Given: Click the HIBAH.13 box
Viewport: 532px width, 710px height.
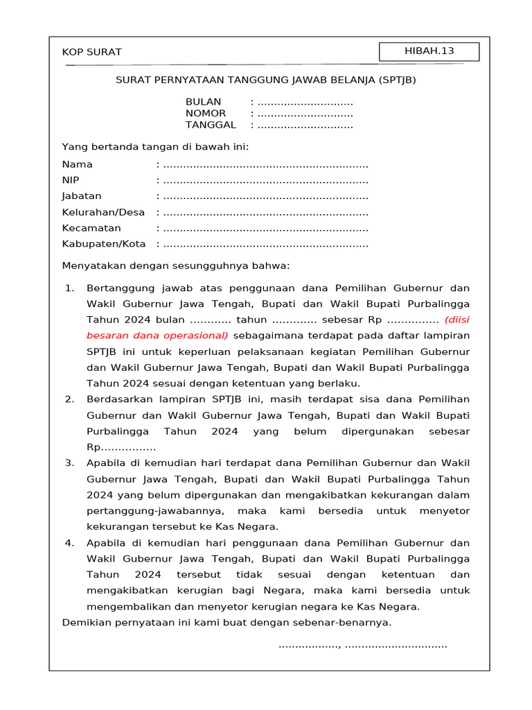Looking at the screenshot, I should pyautogui.click(x=429, y=51).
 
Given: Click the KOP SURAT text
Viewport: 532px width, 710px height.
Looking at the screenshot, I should pyautogui.click(x=91, y=52).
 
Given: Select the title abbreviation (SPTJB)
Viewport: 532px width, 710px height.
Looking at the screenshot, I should pyautogui.click(x=398, y=80).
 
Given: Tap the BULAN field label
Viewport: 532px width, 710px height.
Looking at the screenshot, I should pyautogui.click(x=203, y=101).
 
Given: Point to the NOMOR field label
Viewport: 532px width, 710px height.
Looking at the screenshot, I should pyautogui.click(x=206, y=113).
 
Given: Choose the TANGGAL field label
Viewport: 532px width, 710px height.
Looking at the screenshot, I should pyautogui.click(x=211, y=125).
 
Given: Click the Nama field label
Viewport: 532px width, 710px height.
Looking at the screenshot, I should pyautogui.click(x=78, y=164).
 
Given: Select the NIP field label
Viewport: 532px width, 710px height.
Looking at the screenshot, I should pyautogui.click(x=71, y=180).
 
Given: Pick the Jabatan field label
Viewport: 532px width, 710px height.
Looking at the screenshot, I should pyautogui.click(x=82, y=196).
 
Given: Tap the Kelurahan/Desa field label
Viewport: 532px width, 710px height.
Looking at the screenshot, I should pyautogui.click(x=103, y=212).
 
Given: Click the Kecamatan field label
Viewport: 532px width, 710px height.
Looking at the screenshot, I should pyautogui.click(x=91, y=228).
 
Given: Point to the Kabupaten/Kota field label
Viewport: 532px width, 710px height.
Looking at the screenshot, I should pyautogui.click(x=104, y=244).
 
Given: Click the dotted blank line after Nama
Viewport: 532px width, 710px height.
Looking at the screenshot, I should pyautogui.click(x=265, y=165).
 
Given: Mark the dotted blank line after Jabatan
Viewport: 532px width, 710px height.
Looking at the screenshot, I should pyautogui.click(x=265, y=197).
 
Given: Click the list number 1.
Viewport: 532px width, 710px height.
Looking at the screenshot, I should pyautogui.click(x=69, y=288).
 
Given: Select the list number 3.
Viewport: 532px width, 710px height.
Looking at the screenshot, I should pyautogui.click(x=69, y=462).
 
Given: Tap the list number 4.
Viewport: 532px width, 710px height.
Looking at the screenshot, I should pyautogui.click(x=69, y=542).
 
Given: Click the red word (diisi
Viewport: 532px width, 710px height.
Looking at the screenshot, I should pyautogui.click(x=456, y=320).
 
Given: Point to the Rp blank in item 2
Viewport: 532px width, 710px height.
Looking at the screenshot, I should pyautogui.click(x=121, y=447).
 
